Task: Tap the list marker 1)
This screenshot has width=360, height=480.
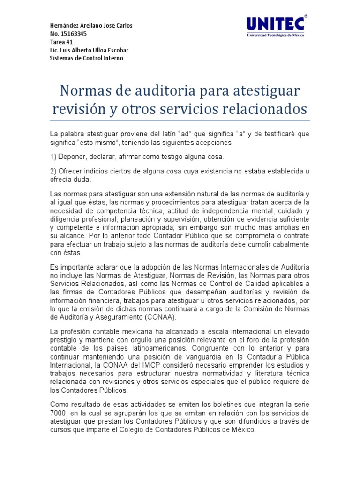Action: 53,156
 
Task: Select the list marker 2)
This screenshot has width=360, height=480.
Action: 53,171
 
